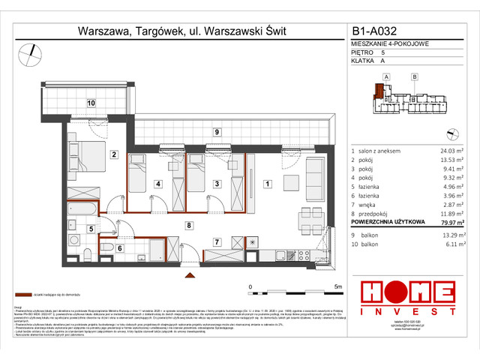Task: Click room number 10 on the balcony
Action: coord(90,103)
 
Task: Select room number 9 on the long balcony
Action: coord(216,133)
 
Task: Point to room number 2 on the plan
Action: coord(114,155)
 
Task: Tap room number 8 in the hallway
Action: coord(190,224)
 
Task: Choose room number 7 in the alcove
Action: coord(216,241)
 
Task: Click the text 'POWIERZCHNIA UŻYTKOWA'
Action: coord(389,222)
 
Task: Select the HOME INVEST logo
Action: coord(406,295)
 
